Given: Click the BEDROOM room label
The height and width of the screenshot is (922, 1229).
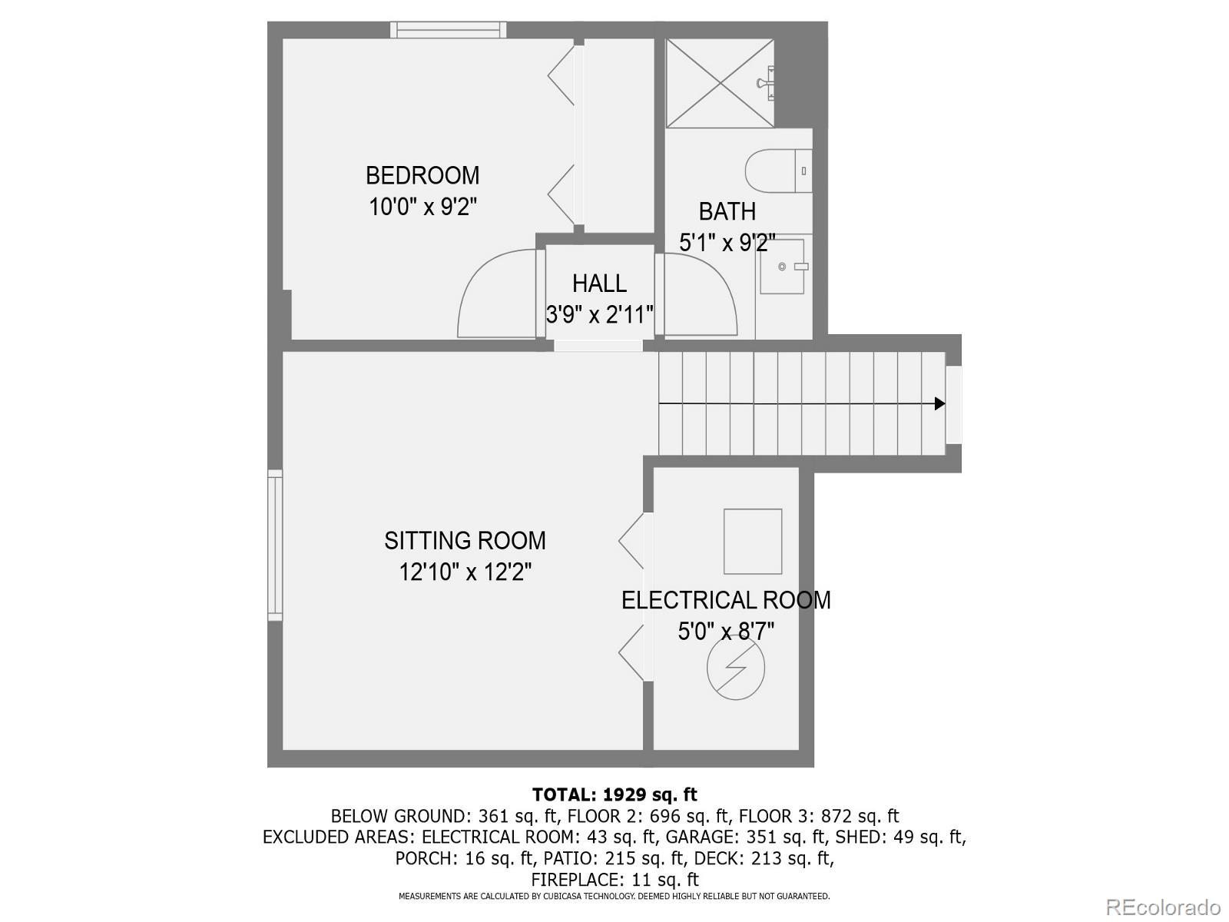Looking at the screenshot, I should coord(422,175).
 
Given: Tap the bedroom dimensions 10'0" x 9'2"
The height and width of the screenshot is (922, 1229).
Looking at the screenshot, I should coord(423,207).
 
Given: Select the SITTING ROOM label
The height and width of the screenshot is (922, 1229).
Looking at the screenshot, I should coord(465,541).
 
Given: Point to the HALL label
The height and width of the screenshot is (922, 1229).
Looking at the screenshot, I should coord(599,284).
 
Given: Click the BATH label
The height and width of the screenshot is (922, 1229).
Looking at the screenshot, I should coord(727,211).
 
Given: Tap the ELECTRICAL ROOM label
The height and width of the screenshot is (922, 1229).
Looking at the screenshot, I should coord(726,600).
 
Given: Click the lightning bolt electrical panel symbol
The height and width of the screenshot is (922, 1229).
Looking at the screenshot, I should coord(736,670).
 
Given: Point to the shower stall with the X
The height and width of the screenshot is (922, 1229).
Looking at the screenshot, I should coord(719,83).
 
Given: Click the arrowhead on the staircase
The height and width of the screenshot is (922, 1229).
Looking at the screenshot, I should coord(939,403).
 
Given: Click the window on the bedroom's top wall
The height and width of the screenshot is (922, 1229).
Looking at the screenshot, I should coord(448,30).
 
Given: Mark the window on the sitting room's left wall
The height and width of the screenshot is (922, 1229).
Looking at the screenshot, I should coord(275,545).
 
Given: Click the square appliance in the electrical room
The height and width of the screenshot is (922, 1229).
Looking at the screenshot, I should coord(753,541).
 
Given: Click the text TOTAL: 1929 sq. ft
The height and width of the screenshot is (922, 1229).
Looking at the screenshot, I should coord(614,794).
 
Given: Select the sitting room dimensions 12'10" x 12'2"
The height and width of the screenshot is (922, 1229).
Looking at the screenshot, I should coord(465,572).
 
